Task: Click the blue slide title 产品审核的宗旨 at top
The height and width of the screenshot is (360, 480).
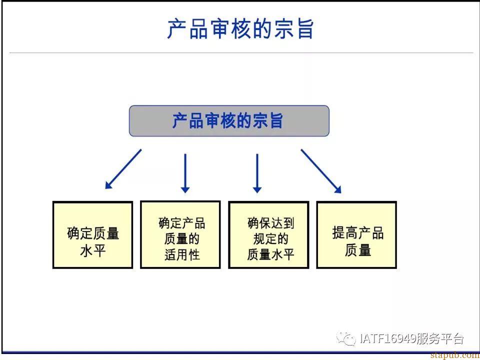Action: tap(240, 29)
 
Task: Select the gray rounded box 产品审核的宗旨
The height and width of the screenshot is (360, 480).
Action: tap(229, 120)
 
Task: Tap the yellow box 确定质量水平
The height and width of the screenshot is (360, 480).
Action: tap(93, 235)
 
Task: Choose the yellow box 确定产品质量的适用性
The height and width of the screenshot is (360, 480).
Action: tap(180, 234)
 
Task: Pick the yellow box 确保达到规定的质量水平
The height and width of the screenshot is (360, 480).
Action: tap(268, 235)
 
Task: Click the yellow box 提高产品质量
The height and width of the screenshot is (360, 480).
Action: tap(356, 235)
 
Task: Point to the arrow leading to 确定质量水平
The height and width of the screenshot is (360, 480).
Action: tap(123, 169)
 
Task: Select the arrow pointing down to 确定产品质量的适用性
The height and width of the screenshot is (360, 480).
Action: tap(185, 173)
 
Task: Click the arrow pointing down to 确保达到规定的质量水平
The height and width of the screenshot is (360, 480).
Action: tap(257, 173)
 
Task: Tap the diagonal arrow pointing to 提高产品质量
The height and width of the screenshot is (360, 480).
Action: tap(321, 171)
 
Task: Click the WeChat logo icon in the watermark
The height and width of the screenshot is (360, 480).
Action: tap(346, 338)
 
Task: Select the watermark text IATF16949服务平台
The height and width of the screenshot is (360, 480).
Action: tap(411, 338)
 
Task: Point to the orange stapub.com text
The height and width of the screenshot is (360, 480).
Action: tap(455, 355)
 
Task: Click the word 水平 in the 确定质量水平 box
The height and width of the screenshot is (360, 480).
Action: tap(93, 250)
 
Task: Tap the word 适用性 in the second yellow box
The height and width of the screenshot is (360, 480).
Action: tap(182, 254)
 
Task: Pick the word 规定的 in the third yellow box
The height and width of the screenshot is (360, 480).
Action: tap(270, 239)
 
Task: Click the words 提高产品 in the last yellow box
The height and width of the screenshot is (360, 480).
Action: tap(358, 233)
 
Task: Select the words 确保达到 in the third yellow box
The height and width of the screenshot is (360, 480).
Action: tap(270, 223)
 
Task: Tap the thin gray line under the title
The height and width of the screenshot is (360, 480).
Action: tap(241, 52)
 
